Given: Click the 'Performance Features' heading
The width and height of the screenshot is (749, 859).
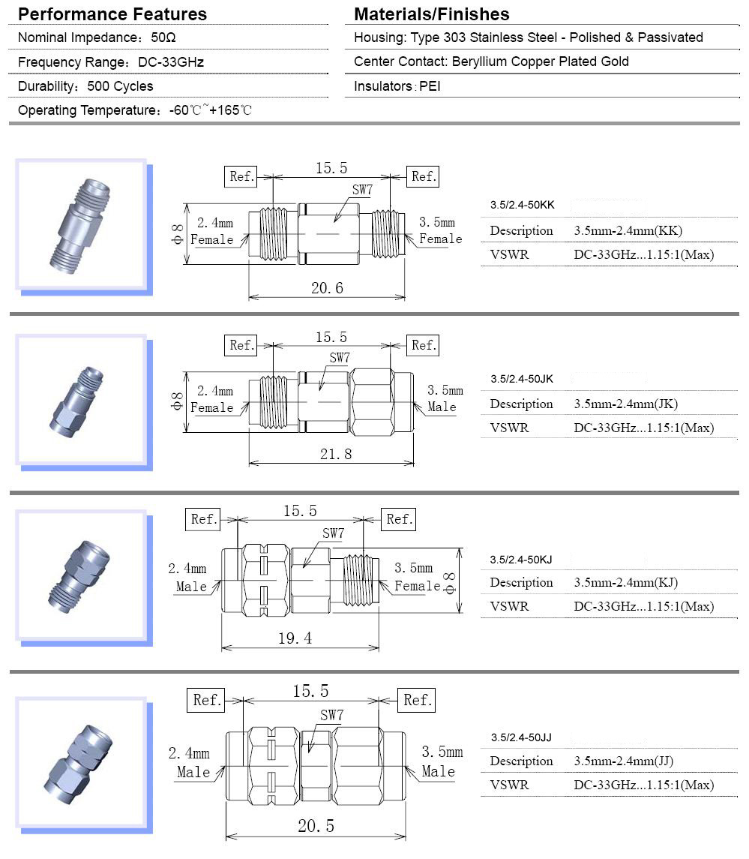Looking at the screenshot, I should [112, 14].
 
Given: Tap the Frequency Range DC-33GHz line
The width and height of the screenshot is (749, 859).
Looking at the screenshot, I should [111, 62].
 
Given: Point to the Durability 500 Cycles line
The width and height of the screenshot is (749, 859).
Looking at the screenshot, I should [85, 87].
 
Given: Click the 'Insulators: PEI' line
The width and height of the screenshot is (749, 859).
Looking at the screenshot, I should [397, 86].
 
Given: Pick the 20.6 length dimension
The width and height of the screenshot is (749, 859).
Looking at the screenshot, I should [327, 287].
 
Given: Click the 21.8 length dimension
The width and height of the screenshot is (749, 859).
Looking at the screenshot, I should [335, 454].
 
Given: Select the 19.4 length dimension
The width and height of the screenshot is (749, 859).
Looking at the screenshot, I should [295, 638].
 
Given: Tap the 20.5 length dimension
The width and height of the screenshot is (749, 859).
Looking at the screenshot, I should [316, 826].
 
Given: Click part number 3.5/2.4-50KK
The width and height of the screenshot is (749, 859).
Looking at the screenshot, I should [523, 205].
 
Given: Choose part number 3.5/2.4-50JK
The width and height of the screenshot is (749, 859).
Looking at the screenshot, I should [522, 379].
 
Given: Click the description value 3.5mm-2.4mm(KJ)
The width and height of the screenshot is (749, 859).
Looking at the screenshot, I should [627, 583].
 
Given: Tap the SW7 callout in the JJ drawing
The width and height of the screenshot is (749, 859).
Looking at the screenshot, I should [331, 716].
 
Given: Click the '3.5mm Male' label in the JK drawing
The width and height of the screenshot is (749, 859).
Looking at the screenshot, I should [443, 398].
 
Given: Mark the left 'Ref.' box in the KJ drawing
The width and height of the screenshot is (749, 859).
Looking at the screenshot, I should [204, 519].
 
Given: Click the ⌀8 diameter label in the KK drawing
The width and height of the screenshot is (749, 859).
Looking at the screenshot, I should [177, 233].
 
